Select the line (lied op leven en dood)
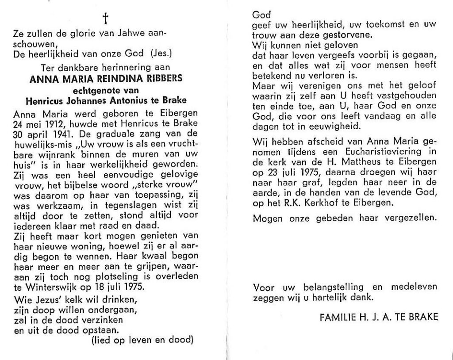pyautogui.click(x=143, y=340)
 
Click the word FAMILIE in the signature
pyautogui.click(x=338, y=316)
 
